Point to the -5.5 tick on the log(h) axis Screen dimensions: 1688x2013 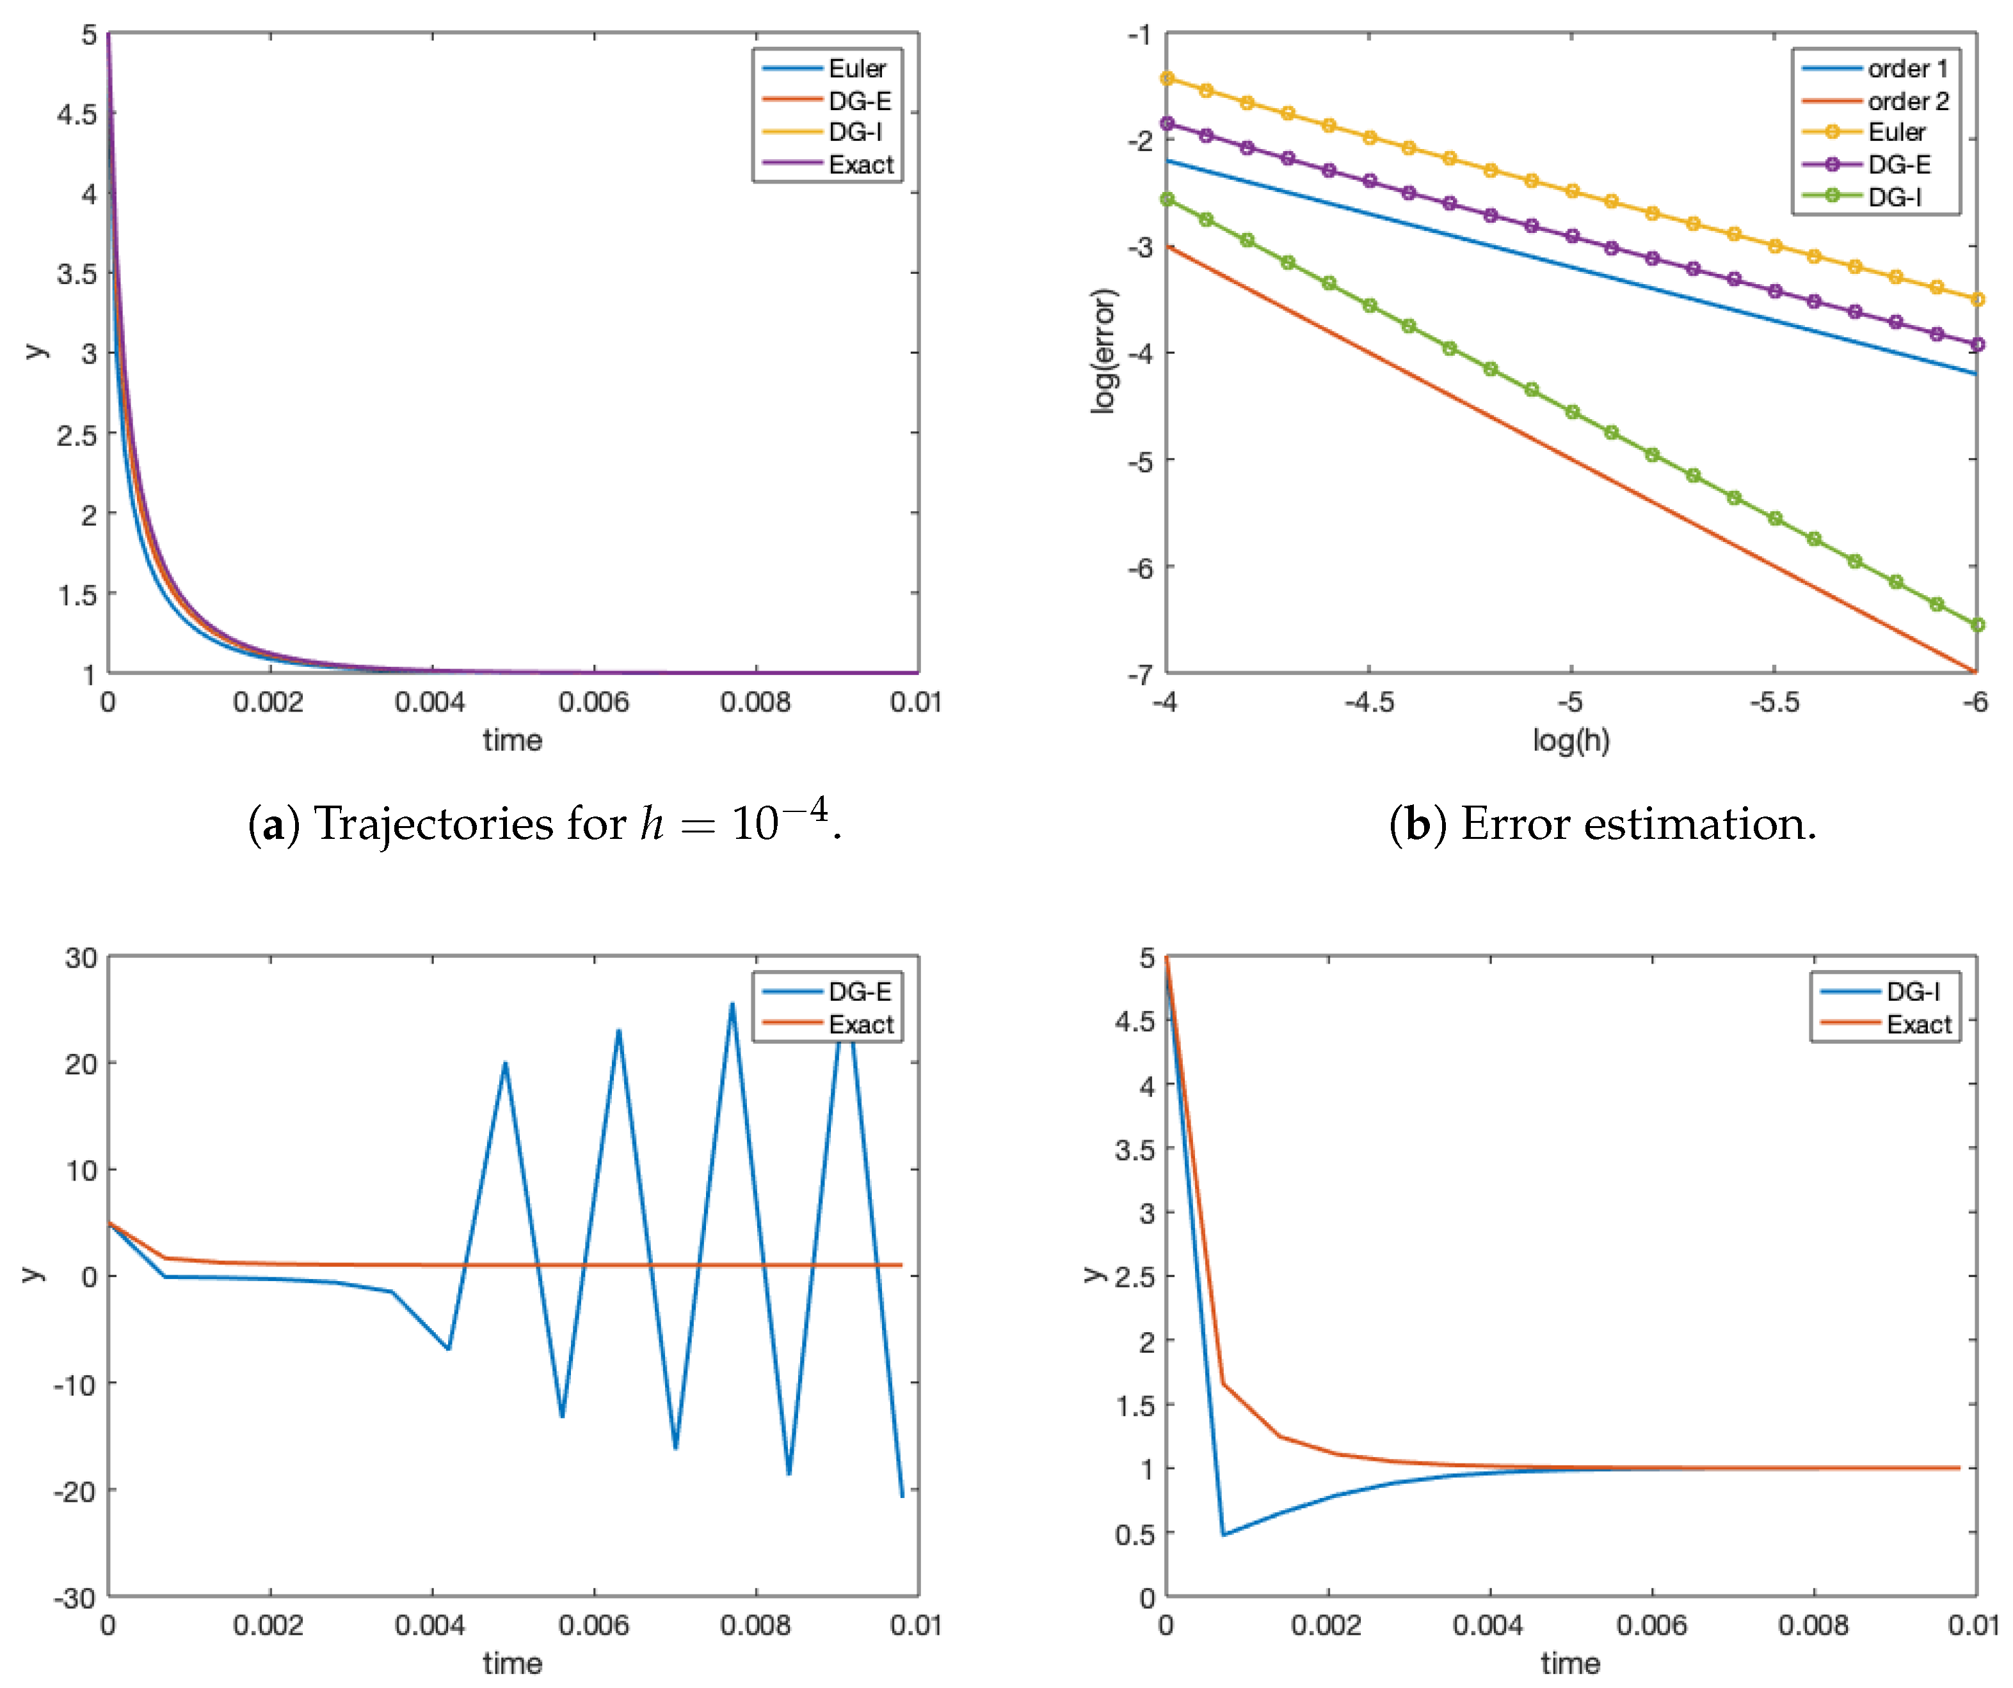1774,703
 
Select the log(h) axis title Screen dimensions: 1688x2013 1570,740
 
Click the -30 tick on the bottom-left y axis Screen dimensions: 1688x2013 75,1598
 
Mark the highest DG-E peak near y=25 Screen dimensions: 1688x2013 732,1005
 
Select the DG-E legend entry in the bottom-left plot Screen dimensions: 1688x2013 859,992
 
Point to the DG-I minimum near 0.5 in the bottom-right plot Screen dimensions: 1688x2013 1223,1534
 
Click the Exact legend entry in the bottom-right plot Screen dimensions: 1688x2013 1918,1024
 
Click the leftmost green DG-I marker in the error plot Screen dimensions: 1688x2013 1167,200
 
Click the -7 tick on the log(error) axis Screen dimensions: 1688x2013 1140,674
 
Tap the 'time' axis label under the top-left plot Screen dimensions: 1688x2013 512,740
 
